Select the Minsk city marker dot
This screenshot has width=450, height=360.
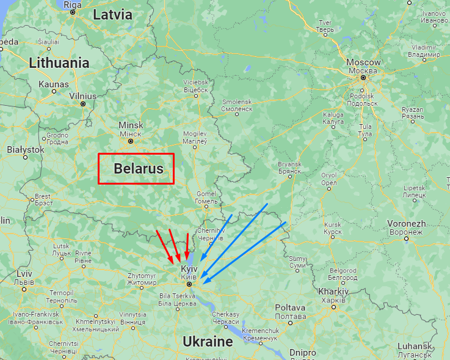coord(130,141)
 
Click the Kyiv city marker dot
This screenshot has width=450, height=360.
coord(189,284)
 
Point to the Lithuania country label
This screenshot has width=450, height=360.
coord(59,62)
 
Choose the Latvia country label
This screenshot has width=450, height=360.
coord(112,15)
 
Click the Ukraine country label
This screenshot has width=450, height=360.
coord(208,341)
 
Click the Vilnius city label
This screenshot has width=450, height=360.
coord(83,96)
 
